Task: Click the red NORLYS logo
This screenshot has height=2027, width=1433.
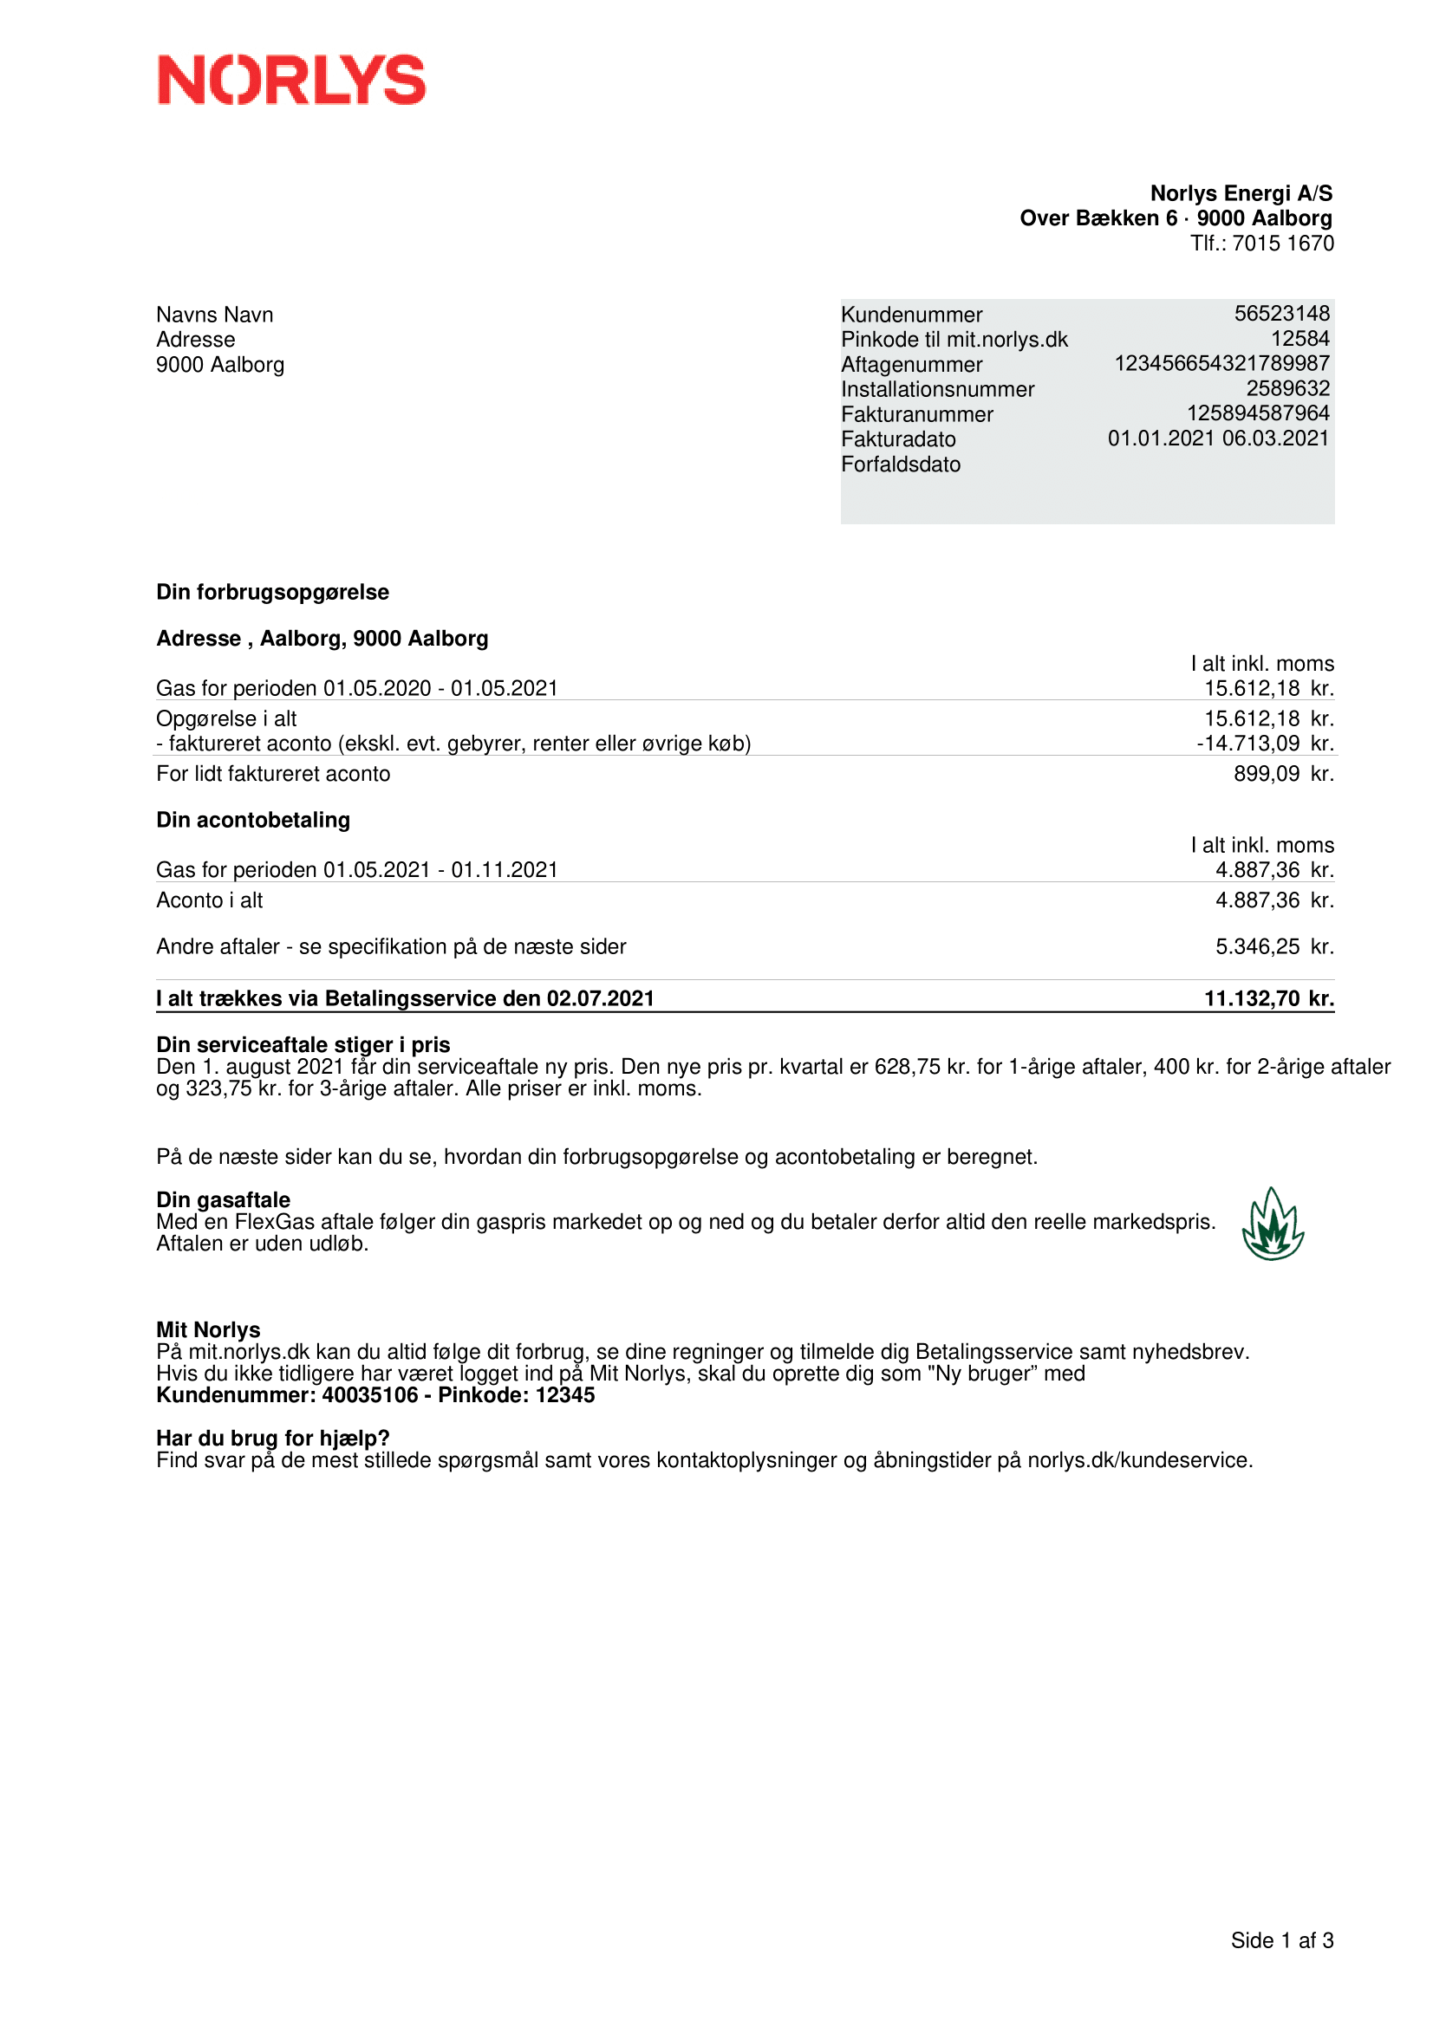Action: [x=291, y=80]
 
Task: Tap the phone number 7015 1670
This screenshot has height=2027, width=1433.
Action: [x=1283, y=244]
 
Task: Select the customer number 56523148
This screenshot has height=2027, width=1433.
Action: [x=1281, y=314]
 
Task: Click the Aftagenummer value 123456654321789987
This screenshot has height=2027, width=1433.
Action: [x=1221, y=364]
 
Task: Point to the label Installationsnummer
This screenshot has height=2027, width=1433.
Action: [x=937, y=389]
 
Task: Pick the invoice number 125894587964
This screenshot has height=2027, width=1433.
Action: [x=1257, y=413]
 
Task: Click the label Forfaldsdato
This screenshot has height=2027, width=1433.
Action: [x=900, y=465]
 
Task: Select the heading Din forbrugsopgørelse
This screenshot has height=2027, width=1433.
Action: [x=272, y=593]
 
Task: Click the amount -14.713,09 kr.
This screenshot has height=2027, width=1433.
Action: [x=1264, y=744]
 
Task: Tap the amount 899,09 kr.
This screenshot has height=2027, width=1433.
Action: [x=1283, y=774]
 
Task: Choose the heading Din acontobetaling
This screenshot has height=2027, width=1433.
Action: [x=252, y=820]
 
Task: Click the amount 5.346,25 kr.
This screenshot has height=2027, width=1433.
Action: [x=1274, y=947]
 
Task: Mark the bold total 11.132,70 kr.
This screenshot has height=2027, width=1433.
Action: [x=1269, y=998]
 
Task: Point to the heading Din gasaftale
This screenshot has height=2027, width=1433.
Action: [x=223, y=1199]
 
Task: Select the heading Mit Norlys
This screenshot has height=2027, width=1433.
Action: [x=207, y=1329]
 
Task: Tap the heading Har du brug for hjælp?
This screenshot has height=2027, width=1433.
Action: [x=273, y=1439]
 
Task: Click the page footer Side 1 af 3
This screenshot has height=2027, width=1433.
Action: [x=1281, y=1940]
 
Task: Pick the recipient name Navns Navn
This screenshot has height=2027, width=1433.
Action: [x=214, y=315]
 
